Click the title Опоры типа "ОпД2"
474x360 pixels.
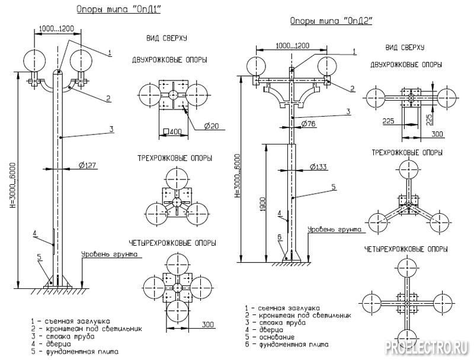pos(331,21)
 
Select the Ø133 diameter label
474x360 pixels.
pos(318,167)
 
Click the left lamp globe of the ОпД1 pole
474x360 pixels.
pos(34,61)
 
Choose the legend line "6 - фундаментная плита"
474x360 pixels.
pos(295,344)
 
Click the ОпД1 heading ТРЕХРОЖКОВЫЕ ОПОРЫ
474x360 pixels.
pos(176,159)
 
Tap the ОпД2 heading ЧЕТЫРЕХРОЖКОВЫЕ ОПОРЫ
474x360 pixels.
pos(406,249)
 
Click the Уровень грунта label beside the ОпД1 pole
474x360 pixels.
pos(110,255)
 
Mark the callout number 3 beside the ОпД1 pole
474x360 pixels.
pos(111,128)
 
